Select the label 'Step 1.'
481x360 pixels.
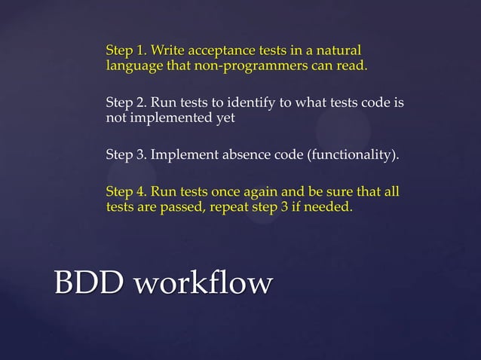point(126,51)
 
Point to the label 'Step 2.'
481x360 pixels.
point(126,103)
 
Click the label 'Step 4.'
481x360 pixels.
point(126,192)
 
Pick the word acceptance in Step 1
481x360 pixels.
point(217,51)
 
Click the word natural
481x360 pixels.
point(339,51)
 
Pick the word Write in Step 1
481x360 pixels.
point(167,51)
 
